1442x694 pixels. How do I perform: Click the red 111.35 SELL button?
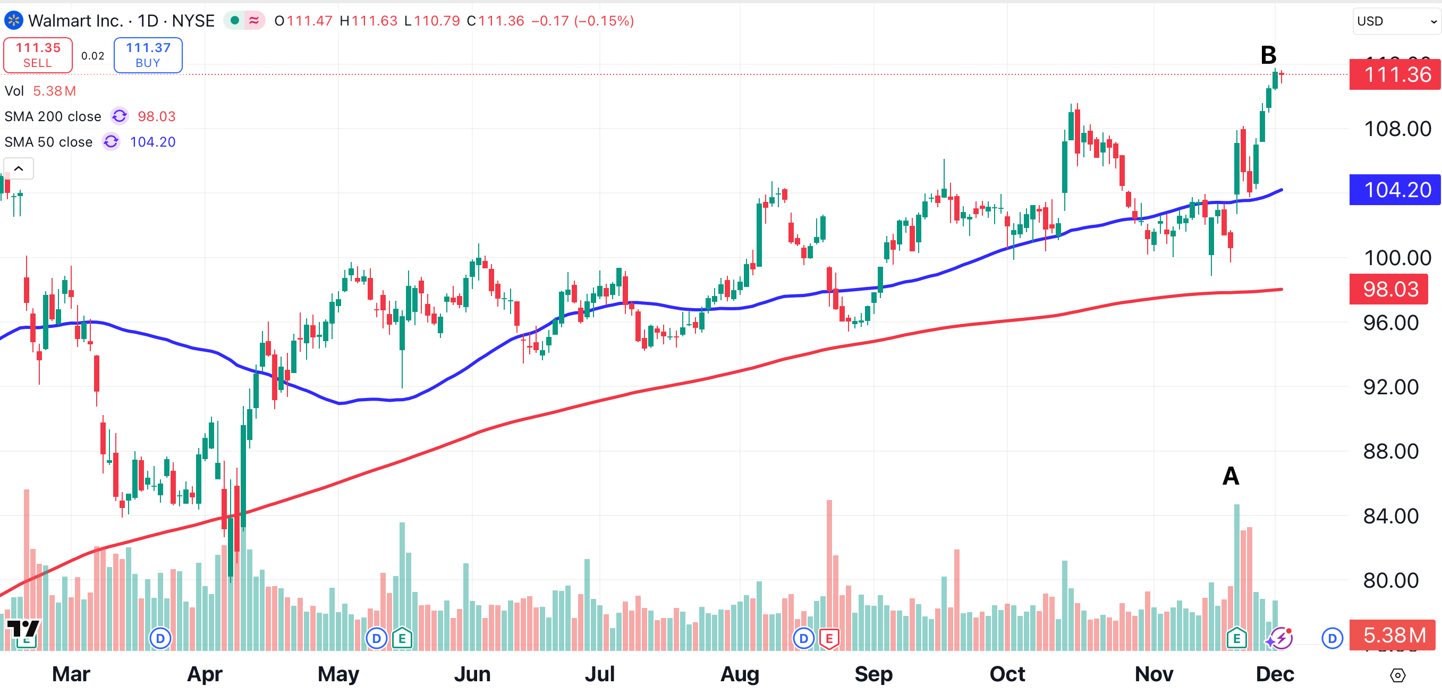tap(38, 55)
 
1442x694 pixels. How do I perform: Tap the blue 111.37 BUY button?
tap(148, 55)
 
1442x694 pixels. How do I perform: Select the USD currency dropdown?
tap(1395, 21)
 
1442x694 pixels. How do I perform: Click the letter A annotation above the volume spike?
tap(1231, 476)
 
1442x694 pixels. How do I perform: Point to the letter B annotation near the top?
tap(1268, 55)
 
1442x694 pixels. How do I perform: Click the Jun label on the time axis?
tap(472, 674)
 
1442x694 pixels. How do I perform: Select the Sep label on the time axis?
tap(873, 674)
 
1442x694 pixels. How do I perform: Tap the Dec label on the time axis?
tap(1275, 674)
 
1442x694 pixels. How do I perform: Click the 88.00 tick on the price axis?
tap(1390, 451)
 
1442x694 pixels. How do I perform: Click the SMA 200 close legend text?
tap(53, 116)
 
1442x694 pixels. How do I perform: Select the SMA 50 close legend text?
tap(48, 142)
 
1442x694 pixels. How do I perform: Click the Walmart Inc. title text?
tap(75, 21)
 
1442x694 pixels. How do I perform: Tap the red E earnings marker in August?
tap(829, 638)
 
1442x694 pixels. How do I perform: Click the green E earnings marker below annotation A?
tap(1236, 638)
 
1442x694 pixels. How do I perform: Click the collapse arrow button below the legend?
tap(19, 168)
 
